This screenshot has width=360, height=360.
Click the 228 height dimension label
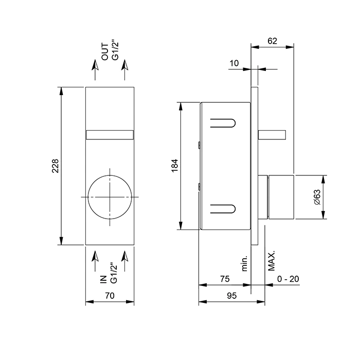pyautogui.click(x=56, y=166)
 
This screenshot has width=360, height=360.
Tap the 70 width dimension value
pyautogui.click(x=110, y=296)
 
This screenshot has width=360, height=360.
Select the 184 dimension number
pyautogui.click(x=175, y=166)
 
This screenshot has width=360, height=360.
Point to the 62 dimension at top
pyautogui.click(x=272, y=41)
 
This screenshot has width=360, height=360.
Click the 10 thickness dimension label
pyautogui.click(x=234, y=63)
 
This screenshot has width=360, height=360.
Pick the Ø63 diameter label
pyautogui.click(x=317, y=197)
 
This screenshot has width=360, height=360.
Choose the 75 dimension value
pyautogui.click(x=225, y=279)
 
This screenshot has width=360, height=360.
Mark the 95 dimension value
pyautogui.click(x=231, y=296)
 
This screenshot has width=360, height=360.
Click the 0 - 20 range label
pyautogui.click(x=288, y=279)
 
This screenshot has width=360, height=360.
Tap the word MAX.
pyautogui.click(x=272, y=261)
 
